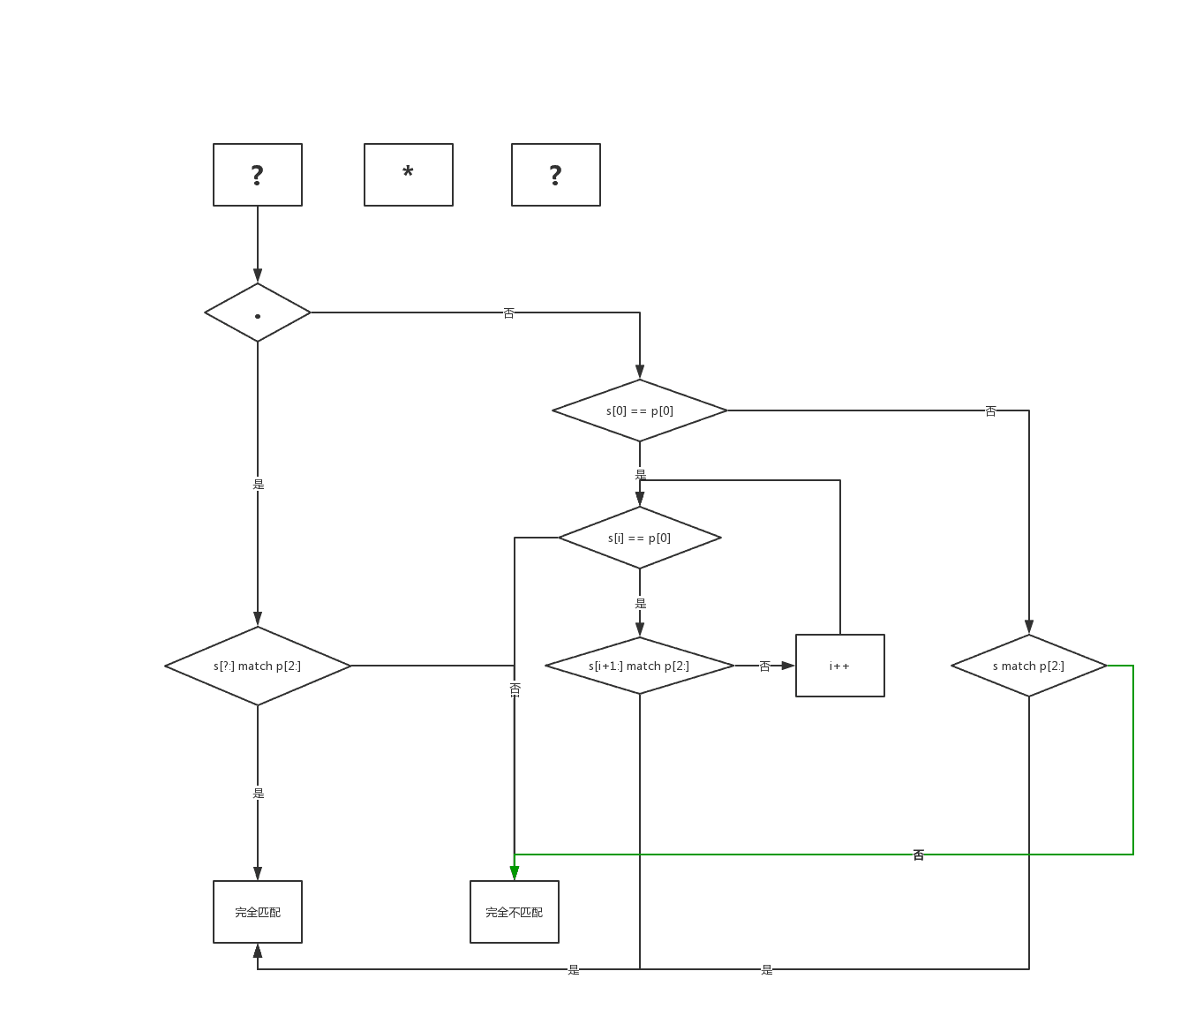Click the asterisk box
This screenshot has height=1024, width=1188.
pos(409,175)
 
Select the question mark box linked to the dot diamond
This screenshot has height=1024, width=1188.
pos(258,175)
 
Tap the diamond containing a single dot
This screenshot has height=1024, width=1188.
pos(258,312)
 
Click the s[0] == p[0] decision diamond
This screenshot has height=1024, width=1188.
pos(640,410)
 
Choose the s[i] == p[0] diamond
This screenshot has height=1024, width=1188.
pos(640,538)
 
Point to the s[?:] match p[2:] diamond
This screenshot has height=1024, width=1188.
pos(258,666)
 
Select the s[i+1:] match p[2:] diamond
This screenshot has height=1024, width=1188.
pos(640,666)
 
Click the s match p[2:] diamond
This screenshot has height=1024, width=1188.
pos(1029,666)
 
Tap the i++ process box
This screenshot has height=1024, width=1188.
pos(840,666)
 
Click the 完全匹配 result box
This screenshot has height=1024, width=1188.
pos(258,912)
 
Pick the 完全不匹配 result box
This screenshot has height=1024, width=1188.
pos(515,912)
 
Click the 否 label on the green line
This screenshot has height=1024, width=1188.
pos(919,855)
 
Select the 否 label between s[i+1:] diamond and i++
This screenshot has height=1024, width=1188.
pos(765,666)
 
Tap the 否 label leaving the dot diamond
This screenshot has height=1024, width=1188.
pos(509,312)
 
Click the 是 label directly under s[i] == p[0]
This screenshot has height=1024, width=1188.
pos(641,603)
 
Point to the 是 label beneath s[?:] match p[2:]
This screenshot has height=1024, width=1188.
pos(259,793)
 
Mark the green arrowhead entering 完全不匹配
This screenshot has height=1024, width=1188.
pos(515,873)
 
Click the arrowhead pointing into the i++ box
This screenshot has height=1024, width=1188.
pos(788,666)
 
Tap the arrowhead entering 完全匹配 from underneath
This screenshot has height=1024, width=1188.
pos(258,951)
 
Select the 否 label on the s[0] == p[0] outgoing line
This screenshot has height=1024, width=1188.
pos(991,410)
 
